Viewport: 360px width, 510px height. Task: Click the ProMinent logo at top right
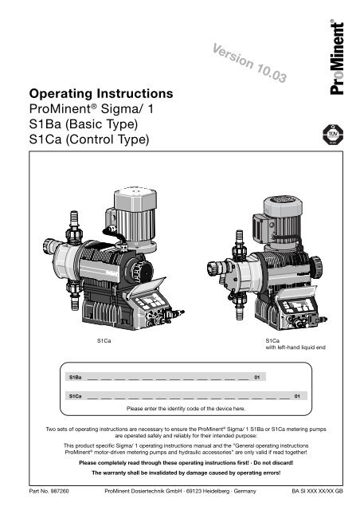click(337, 57)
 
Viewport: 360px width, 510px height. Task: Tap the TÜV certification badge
click(333, 135)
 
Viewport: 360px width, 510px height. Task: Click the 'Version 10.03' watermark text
click(249, 62)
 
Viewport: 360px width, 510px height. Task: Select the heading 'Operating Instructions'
click(101, 94)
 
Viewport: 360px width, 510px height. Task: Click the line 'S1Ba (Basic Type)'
click(84, 124)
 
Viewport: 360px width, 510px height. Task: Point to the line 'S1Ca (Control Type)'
click(89, 139)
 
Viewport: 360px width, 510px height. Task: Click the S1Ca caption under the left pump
click(104, 340)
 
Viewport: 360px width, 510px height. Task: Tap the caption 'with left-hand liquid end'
click(295, 347)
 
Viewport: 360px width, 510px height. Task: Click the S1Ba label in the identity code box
click(75, 377)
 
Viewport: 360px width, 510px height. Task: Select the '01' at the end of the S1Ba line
click(257, 377)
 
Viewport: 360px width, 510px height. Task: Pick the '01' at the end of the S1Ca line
click(297, 396)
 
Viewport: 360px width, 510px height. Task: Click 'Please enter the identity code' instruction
click(186, 409)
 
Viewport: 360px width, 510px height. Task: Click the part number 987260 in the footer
click(60, 491)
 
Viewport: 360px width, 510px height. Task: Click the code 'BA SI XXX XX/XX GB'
click(317, 491)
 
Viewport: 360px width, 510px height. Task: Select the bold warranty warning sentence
click(186, 473)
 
